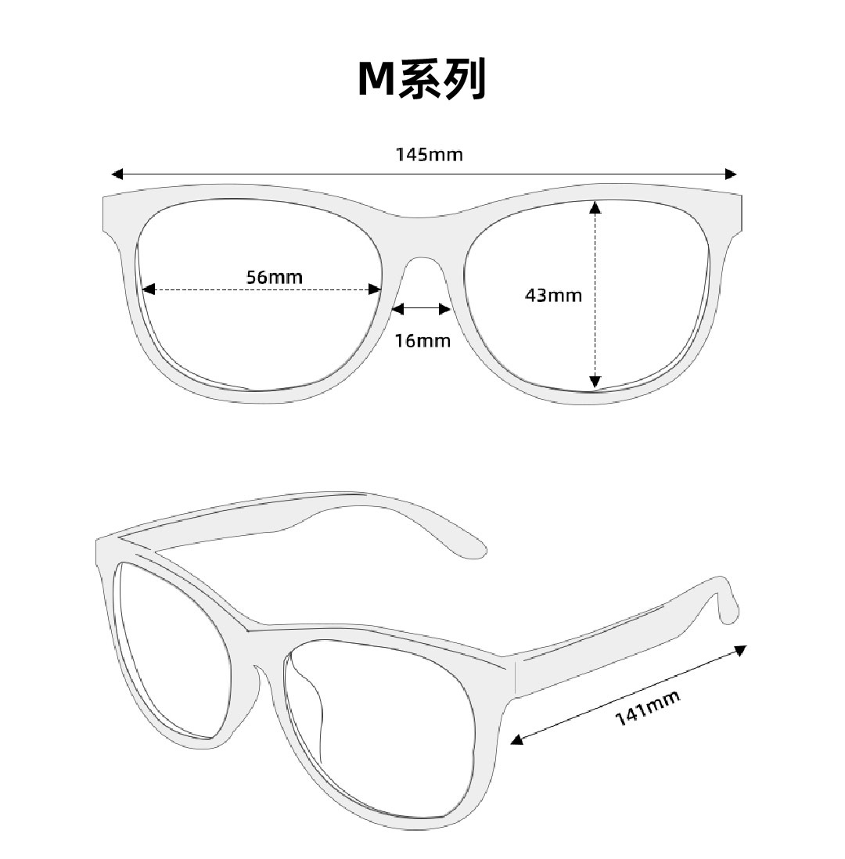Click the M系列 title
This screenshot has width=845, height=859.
422,79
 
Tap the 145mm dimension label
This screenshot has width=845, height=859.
429,154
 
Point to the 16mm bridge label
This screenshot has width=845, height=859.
422,340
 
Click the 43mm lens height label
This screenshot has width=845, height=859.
553,296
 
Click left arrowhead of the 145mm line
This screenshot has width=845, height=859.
118,174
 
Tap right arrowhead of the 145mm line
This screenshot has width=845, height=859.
732,174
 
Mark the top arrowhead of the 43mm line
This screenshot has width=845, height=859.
595,207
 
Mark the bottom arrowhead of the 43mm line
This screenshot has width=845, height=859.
595,382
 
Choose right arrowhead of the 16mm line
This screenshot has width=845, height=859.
446,310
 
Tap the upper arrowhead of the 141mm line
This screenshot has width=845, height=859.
740,649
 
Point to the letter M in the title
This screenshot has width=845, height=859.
377,80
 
